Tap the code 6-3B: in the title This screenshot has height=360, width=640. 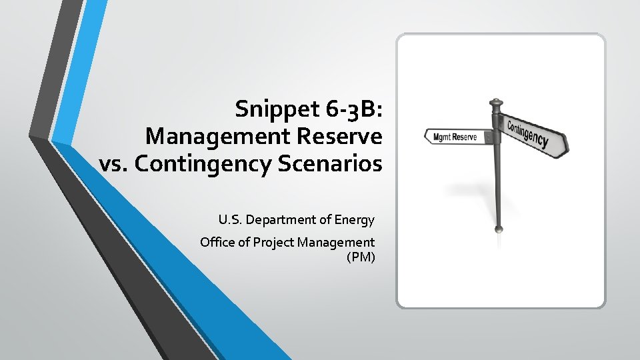[349, 109]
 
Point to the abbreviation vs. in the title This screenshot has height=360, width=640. [115, 163]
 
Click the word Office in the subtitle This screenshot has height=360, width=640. [217, 243]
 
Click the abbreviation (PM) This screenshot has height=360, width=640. [361, 257]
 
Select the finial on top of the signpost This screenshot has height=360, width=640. [495, 105]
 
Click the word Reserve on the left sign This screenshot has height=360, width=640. [466, 137]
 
